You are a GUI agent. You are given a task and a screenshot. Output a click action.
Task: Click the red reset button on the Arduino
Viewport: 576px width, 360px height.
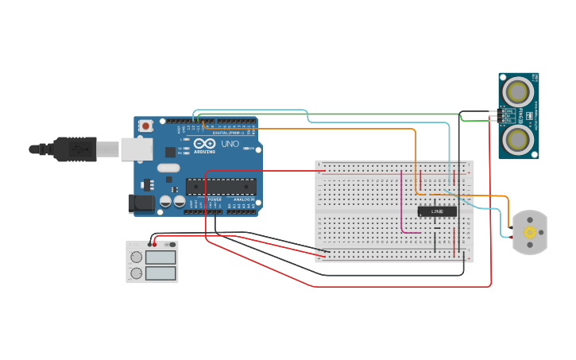point(146,126)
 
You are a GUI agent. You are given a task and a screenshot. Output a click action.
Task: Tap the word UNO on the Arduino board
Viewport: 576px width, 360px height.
point(230,145)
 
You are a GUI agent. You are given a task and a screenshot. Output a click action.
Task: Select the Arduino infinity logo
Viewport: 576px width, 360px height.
point(204,144)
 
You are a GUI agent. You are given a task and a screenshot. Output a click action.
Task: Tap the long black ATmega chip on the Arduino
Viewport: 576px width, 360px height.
point(221,186)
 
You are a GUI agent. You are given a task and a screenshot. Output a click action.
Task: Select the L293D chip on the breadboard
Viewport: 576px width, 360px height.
point(437,211)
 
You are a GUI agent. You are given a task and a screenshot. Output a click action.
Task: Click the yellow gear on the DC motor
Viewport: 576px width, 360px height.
point(530,232)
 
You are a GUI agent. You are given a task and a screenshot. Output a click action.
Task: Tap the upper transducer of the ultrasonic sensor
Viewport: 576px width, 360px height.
point(520,91)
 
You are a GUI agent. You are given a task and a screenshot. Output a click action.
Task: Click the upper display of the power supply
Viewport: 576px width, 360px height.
point(161,257)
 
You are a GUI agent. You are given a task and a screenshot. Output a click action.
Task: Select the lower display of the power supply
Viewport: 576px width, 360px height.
point(161,273)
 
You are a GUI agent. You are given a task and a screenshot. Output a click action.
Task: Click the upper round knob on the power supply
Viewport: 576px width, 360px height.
point(136,257)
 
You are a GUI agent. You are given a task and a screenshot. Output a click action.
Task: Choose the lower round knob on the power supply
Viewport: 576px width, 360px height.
point(136,273)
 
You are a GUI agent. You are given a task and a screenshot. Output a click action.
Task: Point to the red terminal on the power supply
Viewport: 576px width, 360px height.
point(155,244)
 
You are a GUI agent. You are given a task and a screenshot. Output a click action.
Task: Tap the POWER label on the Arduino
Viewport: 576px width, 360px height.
point(215,199)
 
